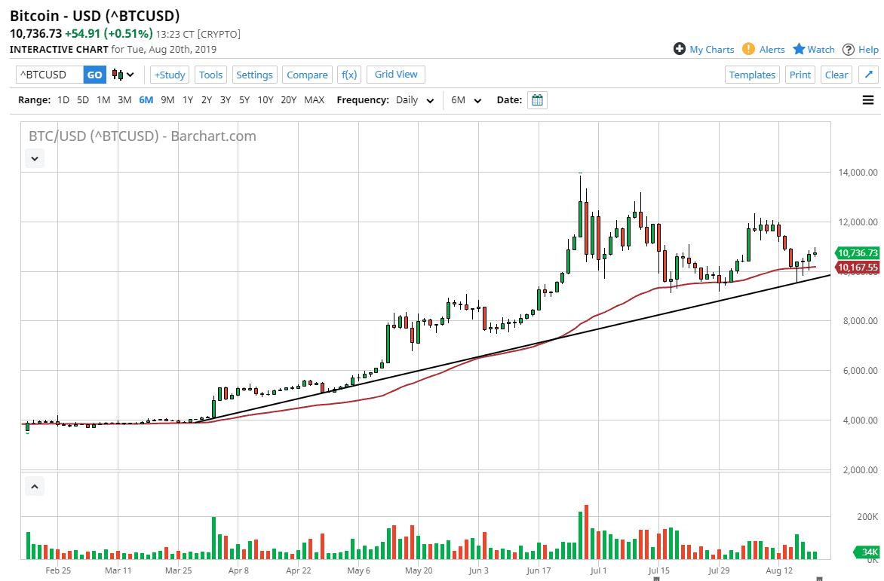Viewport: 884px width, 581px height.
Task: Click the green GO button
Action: click(x=94, y=75)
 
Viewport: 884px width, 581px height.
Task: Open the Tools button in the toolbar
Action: click(x=210, y=75)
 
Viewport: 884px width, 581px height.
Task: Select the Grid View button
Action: click(x=396, y=74)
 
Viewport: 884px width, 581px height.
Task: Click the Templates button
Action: click(x=752, y=75)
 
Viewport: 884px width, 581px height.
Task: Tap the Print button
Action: click(x=800, y=75)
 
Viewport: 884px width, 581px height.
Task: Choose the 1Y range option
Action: click(x=188, y=100)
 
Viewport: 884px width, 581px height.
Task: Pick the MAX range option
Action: click(x=314, y=100)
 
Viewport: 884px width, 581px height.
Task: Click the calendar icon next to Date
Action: click(x=537, y=100)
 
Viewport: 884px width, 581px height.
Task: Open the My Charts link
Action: click(x=704, y=49)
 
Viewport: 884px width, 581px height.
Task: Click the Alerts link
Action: click(x=763, y=49)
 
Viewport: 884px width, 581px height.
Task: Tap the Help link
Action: click(x=861, y=49)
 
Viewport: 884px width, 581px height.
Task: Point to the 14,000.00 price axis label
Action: click(x=858, y=173)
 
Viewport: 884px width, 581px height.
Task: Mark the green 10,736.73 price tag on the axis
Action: click(x=858, y=253)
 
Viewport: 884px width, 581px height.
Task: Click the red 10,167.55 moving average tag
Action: click(x=858, y=268)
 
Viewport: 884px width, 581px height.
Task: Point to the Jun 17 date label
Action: click(x=539, y=571)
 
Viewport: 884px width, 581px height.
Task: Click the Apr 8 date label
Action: click(x=238, y=571)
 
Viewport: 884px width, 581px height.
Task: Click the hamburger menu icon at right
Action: click(x=868, y=100)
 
